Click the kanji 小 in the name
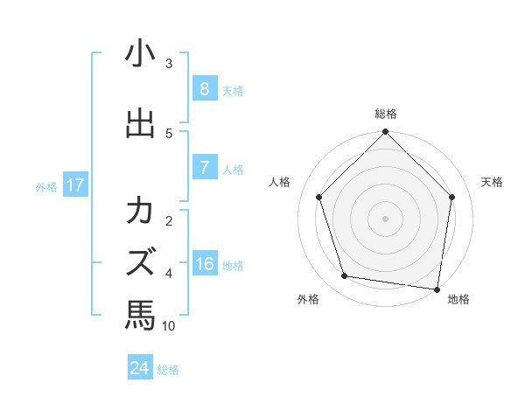(140, 54)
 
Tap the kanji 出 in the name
(140, 123)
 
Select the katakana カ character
(140, 212)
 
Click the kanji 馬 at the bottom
(140, 314)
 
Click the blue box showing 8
(204, 89)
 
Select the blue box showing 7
(204, 169)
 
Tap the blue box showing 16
(204, 265)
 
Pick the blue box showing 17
(74, 185)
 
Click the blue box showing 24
(139, 368)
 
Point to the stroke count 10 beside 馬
(169, 326)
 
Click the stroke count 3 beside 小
(169, 63)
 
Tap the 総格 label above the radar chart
(386, 114)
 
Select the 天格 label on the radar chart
(493, 182)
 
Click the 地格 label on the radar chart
(458, 299)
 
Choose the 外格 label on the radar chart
(308, 299)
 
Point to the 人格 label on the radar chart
(279, 182)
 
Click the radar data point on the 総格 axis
(385, 133)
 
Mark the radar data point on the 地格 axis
(437, 289)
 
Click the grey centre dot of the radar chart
(385, 218)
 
